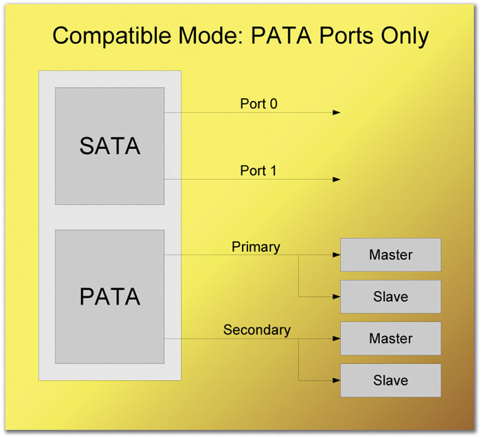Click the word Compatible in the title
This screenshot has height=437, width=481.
(111, 36)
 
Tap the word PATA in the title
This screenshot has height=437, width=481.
(282, 36)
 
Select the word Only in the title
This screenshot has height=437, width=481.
(405, 36)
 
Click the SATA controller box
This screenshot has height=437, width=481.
(110, 146)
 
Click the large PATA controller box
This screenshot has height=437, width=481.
(110, 296)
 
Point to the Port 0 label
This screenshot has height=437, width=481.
(258, 104)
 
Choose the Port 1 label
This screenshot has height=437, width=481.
(258, 171)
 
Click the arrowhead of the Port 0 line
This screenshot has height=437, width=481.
(337, 113)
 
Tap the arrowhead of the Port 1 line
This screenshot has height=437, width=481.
(337, 179)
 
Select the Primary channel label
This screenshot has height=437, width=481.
(256, 247)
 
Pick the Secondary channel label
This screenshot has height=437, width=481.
(257, 330)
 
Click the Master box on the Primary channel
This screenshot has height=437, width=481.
(390, 255)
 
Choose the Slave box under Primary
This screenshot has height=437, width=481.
(390, 297)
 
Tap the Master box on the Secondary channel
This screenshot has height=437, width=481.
(390, 338)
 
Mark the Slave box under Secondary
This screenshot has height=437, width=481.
(390, 380)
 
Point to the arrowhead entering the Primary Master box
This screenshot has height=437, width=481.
(337, 255)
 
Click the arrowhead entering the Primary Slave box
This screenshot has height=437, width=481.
(337, 296)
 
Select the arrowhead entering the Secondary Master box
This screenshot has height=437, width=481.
(337, 338)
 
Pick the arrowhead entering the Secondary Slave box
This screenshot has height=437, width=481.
(337, 380)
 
